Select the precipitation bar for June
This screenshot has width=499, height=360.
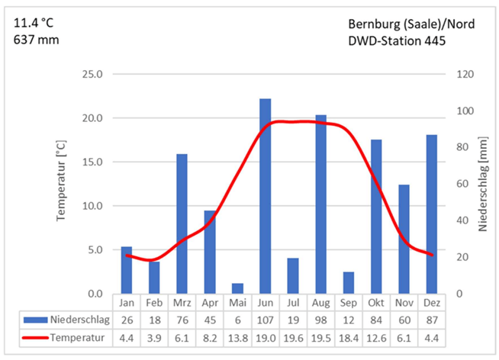coord(265,196)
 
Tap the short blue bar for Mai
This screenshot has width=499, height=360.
coord(237,288)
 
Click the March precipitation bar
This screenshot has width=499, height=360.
coord(182,223)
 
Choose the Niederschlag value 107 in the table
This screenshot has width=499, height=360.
coord(265,320)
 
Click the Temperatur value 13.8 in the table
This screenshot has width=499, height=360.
coord(237,336)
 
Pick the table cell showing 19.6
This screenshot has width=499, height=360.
coord(293,336)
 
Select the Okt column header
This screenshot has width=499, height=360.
coord(376,303)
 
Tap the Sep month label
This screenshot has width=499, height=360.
coord(348,303)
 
